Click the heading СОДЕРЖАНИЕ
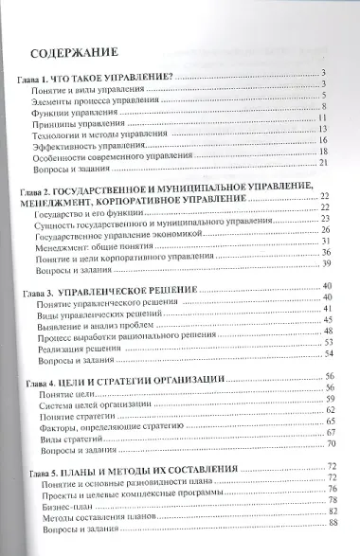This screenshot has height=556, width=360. (x=72, y=52)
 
